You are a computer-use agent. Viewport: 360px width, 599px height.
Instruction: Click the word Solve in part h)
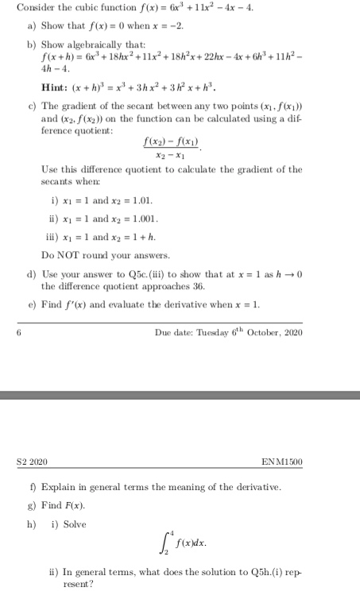[x=72, y=524]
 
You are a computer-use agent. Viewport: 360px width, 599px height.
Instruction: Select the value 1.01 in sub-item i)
[x=143, y=201]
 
